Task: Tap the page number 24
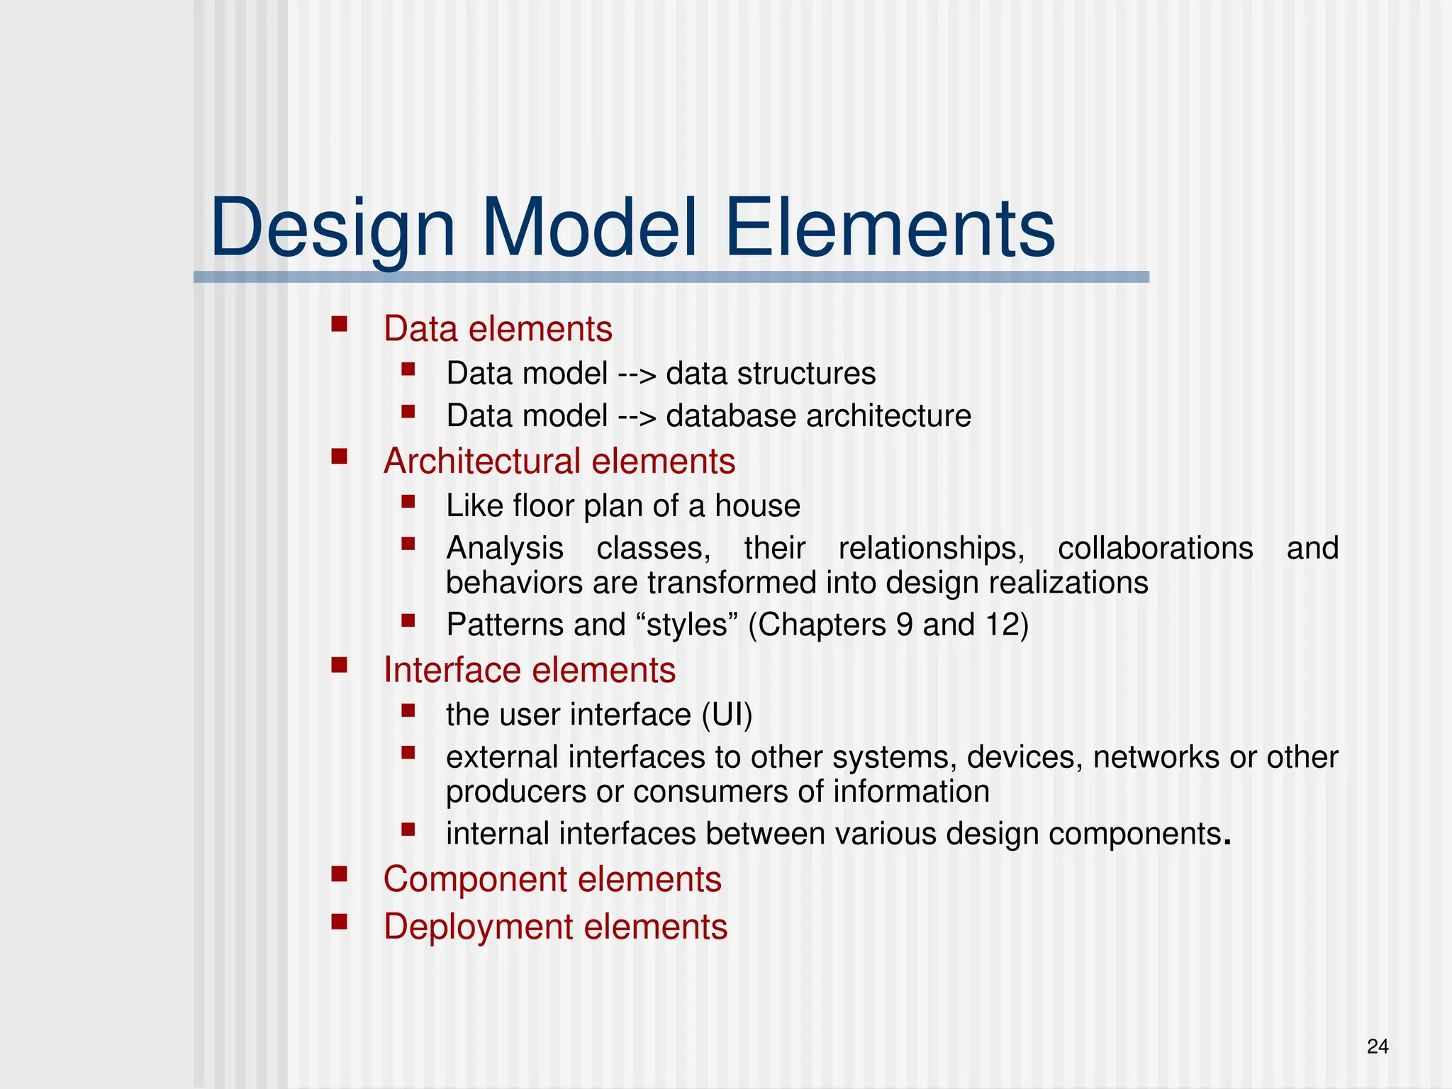coord(1377,1046)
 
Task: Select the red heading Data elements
coord(498,329)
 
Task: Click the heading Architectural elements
coord(559,461)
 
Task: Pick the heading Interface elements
coord(529,670)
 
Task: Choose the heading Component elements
coord(552,879)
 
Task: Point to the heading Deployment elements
coord(555,927)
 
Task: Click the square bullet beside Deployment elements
coord(339,921)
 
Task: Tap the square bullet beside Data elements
coord(339,324)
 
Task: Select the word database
coord(732,416)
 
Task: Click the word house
coord(757,506)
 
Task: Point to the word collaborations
coord(1155,549)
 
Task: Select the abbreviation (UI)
coord(727,715)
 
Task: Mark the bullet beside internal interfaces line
coord(407,828)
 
